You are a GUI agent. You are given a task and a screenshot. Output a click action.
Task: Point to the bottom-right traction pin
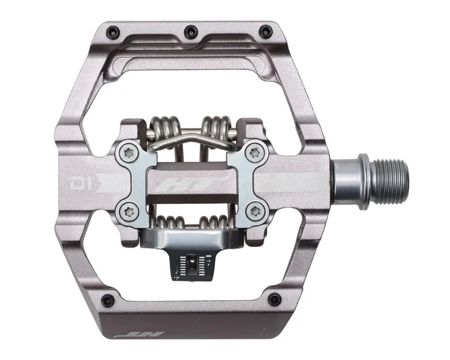coord(275,299)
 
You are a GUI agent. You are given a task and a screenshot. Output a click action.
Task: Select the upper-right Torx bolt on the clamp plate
coord(258,152)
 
